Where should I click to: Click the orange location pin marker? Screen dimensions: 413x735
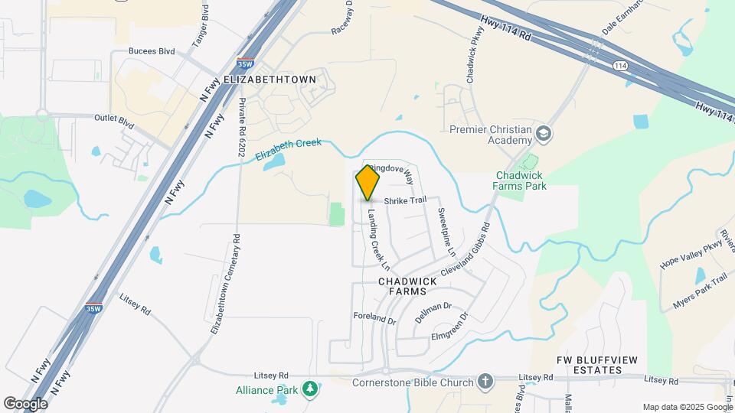point(367,182)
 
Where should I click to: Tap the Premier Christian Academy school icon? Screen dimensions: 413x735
point(545,135)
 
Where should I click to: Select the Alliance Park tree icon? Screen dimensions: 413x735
point(310,389)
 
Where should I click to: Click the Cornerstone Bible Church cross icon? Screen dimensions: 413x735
point(485,381)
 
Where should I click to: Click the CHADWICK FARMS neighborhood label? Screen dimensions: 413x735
point(407,288)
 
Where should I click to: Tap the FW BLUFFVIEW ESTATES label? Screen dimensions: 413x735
point(599,365)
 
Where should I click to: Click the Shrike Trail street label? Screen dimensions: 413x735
point(405,200)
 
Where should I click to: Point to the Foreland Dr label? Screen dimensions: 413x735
point(374,318)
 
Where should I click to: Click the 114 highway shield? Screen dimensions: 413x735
point(619,67)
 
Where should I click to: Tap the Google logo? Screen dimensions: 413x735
point(25,402)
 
